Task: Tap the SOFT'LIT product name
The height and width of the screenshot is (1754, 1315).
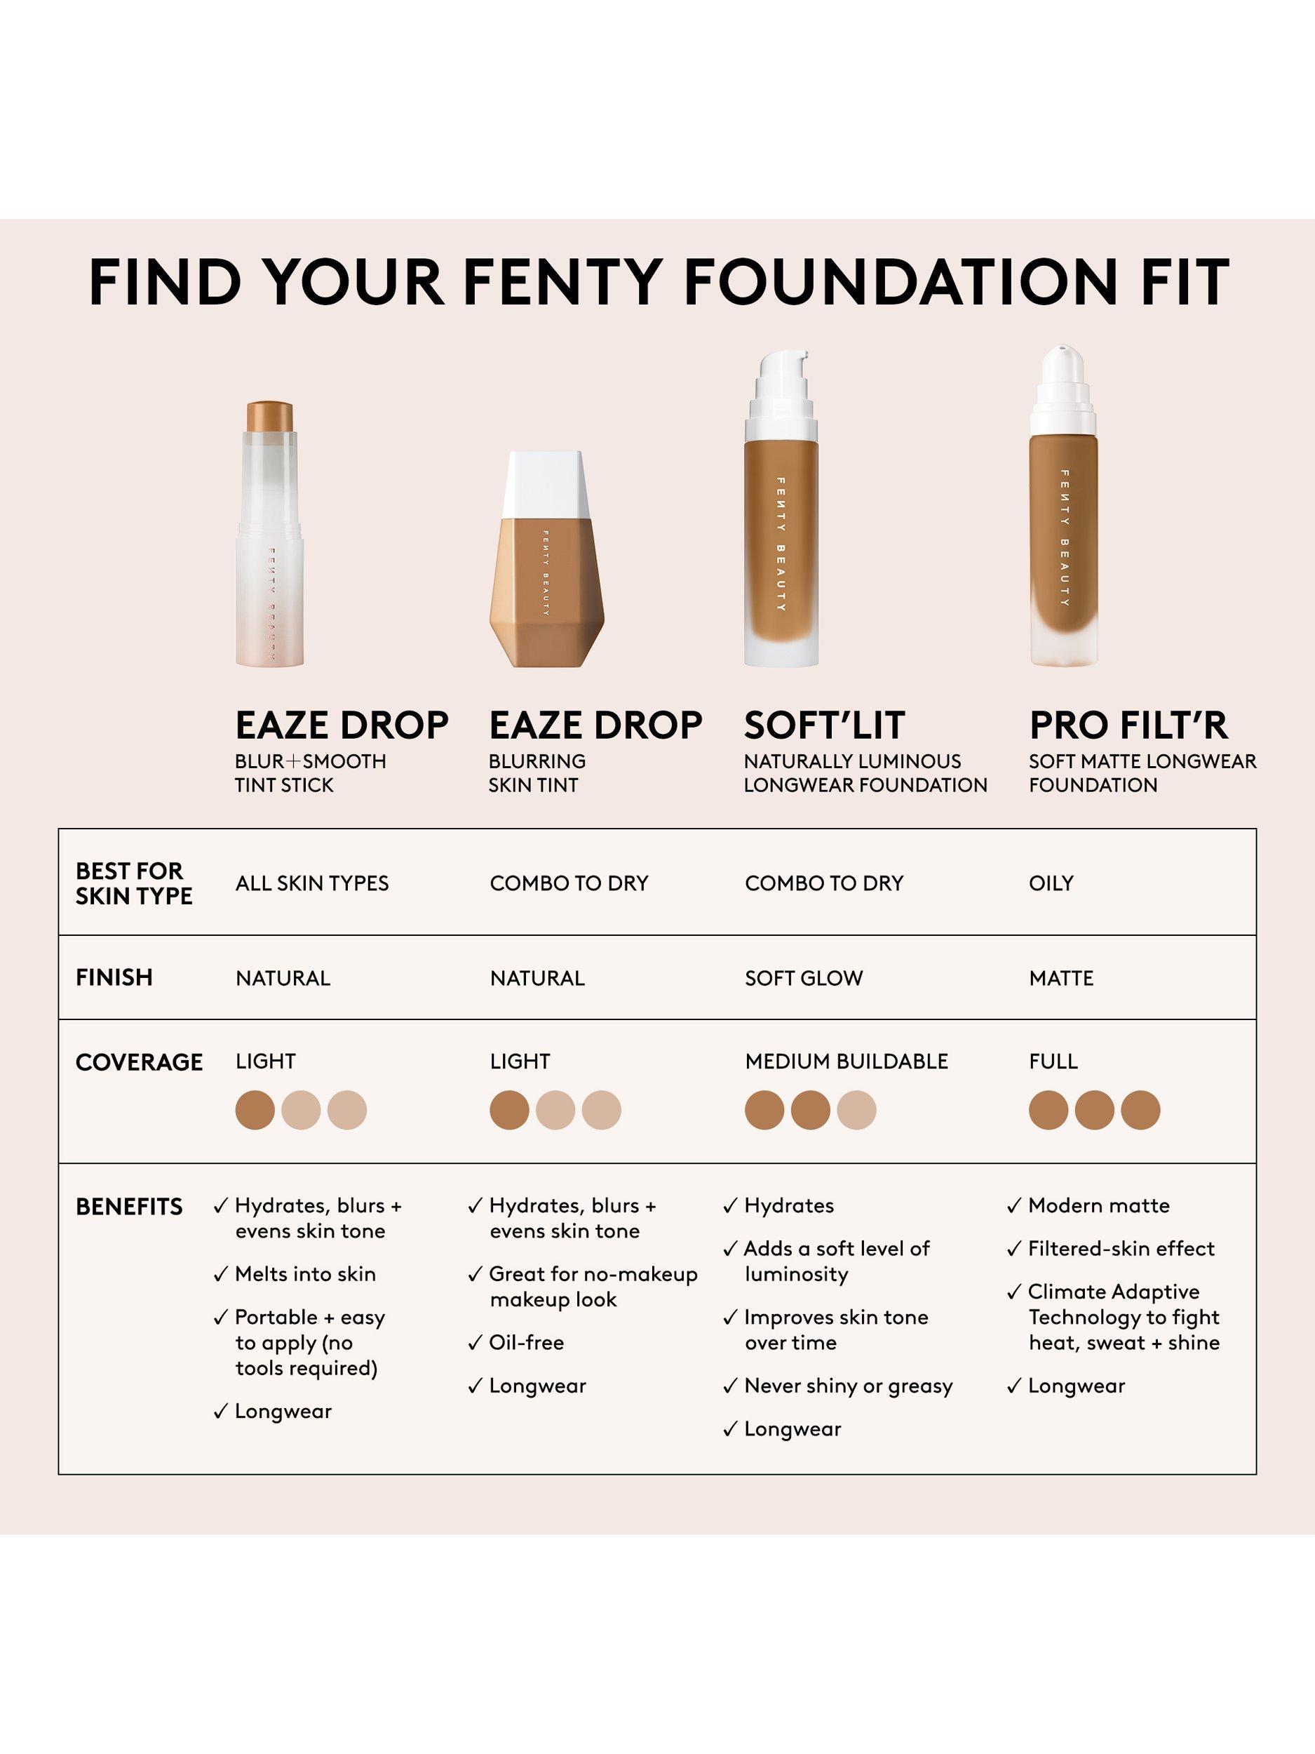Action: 823,725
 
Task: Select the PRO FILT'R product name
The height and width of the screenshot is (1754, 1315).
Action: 1128,725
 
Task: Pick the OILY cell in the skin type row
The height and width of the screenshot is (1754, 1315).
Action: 1051,883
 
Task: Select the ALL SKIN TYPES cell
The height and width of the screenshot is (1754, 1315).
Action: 311,883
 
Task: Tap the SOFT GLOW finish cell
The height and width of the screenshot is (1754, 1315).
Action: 803,978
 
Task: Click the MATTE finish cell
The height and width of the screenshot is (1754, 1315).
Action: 1060,978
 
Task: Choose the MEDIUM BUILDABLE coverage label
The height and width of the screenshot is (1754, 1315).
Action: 846,1061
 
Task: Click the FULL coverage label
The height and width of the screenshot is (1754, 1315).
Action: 1053,1061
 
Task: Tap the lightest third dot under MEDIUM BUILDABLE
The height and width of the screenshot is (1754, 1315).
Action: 856,1109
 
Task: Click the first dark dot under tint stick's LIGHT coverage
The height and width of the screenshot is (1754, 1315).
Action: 255,1109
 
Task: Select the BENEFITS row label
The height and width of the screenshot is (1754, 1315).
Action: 128,1207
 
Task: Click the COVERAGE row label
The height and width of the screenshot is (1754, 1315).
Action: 139,1062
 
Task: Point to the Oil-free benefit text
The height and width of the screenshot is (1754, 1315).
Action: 526,1342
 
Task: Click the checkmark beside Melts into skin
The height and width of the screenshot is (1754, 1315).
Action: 221,1275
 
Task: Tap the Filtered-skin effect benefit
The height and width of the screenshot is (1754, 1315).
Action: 1121,1249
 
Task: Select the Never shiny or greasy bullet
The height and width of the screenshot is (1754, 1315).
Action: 848,1386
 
